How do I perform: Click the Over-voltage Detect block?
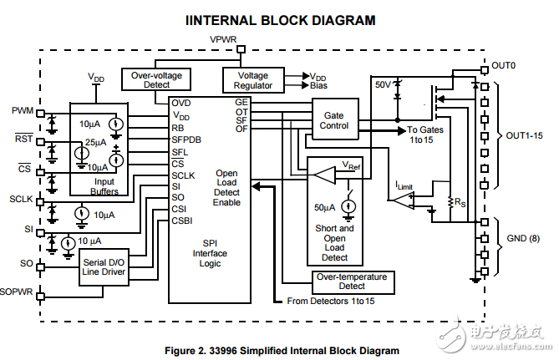156,80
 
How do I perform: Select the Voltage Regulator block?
252,80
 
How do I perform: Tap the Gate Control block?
334,119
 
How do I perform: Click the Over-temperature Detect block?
351,281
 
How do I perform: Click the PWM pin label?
23,111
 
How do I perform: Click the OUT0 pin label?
504,65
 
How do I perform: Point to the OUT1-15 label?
524,135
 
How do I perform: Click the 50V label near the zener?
383,86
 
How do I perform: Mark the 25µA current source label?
98,142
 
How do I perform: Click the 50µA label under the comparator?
324,205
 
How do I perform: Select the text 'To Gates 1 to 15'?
426,135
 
